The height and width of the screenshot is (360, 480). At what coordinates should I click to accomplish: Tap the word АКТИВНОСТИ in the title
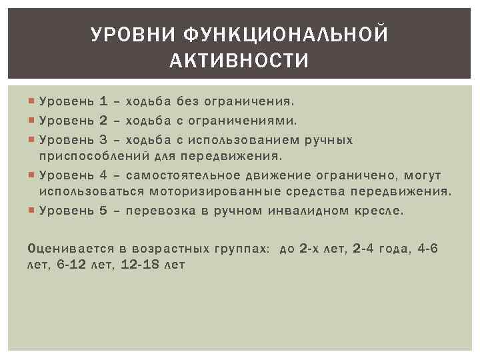pyautogui.click(x=239, y=61)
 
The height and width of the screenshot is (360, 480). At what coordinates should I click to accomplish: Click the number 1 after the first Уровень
pyautogui.click(x=103, y=102)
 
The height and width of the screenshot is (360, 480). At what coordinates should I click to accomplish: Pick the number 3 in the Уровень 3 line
pyautogui.click(x=103, y=141)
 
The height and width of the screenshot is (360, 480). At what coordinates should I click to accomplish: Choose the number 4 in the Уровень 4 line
pyautogui.click(x=103, y=175)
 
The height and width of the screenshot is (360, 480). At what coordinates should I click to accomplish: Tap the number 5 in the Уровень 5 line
pyautogui.click(x=103, y=211)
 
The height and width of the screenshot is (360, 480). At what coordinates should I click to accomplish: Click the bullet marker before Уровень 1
pyautogui.click(x=33, y=102)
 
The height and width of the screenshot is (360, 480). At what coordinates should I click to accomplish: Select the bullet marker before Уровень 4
pyautogui.click(x=33, y=175)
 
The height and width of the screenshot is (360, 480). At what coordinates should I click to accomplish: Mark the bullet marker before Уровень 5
pyautogui.click(x=33, y=211)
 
